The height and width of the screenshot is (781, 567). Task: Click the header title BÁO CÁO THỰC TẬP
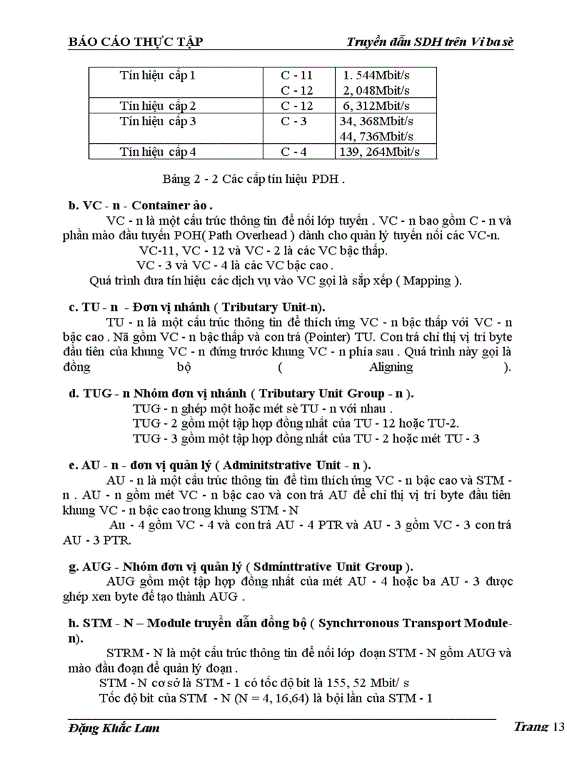tap(135, 43)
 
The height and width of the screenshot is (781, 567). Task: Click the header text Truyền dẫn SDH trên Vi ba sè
tap(430, 43)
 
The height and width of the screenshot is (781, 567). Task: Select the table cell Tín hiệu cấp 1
tap(158, 75)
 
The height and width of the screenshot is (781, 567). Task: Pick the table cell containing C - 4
tap(294, 151)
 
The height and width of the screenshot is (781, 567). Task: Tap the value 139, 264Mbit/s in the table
tap(379, 151)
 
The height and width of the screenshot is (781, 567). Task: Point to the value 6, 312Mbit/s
tap(375, 106)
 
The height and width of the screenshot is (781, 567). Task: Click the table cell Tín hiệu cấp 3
tap(158, 121)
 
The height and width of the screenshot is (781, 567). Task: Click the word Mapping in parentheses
tap(429, 281)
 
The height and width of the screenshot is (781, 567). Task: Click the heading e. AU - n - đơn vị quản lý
tap(220, 465)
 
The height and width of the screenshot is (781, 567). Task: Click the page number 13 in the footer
tap(557, 727)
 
